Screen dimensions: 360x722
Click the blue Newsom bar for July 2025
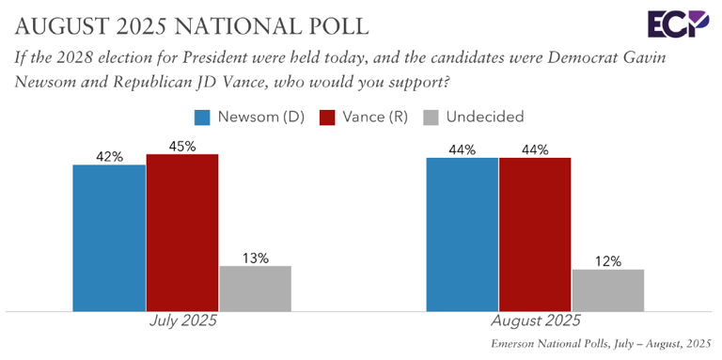[x=109, y=238]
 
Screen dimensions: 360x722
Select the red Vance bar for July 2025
[x=182, y=232]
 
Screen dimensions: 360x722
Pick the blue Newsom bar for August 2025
[x=462, y=234]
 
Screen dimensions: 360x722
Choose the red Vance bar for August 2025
[x=535, y=234]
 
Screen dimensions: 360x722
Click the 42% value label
[x=109, y=156]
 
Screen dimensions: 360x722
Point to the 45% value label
[x=182, y=146]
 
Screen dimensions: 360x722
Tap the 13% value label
[x=255, y=257]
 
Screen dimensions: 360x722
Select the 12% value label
[x=607, y=261]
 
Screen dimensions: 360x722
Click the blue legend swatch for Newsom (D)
[x=201, y=117]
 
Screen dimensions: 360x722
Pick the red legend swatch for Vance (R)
[x=327, y=117]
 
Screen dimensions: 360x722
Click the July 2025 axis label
[x=183, y=321]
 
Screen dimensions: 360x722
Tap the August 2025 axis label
[x=535, y=321]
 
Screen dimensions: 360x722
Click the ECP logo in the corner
[x=670, y=23]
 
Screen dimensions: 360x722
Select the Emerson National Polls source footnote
[x=602, y=345]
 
